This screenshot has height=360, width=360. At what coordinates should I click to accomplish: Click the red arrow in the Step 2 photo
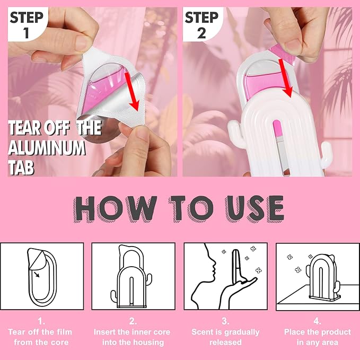pyautogui.click(x=286, y=78)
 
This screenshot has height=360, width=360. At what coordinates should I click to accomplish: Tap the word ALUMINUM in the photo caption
pyautogui.click(x=47, y=148)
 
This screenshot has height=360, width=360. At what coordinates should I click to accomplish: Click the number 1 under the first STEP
pyautogui.click(x=27, y=32)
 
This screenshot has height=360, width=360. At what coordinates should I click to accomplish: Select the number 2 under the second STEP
pyautogui.click(x=201, y=33)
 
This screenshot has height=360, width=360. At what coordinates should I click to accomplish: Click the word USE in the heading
pyautogui.click(x=254, y=208)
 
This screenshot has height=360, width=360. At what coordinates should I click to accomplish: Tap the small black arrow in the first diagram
pyautogui.click(x=36, y=274)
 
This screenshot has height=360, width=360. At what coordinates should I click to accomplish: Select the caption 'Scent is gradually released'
pyautogui.click(x=225, y=337)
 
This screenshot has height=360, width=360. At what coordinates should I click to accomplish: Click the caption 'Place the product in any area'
pyautogui.click(x=317, y=337)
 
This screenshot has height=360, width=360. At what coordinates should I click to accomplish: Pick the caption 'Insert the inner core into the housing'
pyautogui.click(x=132, y=337)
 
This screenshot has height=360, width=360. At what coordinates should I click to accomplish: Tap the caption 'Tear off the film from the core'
pyautogui.click(x=40, y=337)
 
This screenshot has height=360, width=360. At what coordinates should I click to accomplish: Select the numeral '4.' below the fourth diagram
pyautogui.click(x=317, y=321)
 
